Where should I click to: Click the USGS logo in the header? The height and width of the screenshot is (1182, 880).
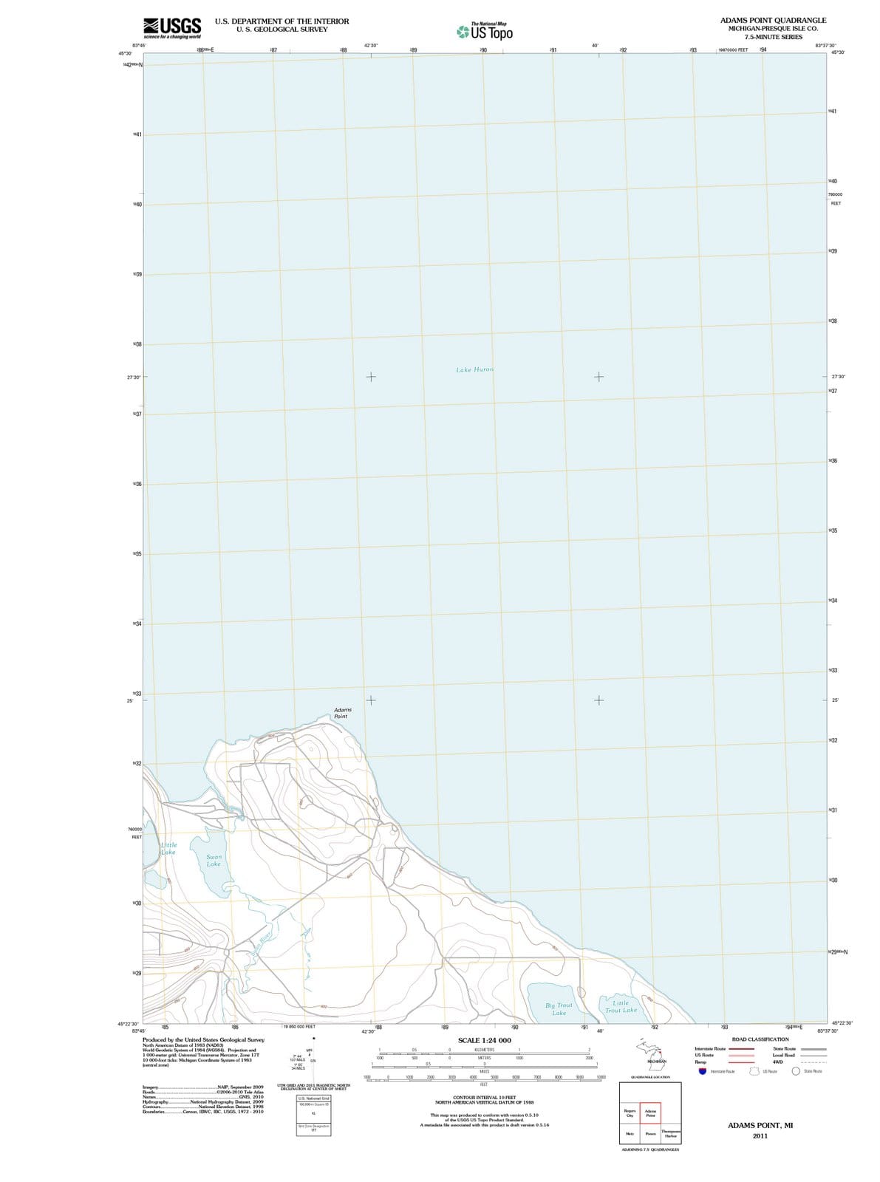click(x=172, y=27)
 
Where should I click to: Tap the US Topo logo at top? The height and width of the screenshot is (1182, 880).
click(x=485, y=32)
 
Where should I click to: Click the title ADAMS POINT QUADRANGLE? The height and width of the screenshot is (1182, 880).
click(x=773, y=20)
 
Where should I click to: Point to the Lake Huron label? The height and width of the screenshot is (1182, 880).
click(x=474, y=369)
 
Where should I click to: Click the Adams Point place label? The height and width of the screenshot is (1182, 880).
click(x=342, y=713)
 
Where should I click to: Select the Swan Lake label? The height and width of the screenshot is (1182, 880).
click(x=214, y=861)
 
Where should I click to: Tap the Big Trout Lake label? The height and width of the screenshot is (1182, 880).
click(x=559, y=1009)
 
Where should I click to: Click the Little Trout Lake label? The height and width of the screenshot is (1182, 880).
click(x=621, y=1007)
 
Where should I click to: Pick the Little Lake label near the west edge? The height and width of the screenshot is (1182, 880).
click(x=168, y=848)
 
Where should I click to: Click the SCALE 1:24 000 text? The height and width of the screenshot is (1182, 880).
click(x=484, y=1040)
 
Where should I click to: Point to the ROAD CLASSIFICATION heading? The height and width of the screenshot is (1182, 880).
click(x=760, y=1039)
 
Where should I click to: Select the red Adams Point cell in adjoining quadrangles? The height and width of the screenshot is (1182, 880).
click(x=650, y=1113)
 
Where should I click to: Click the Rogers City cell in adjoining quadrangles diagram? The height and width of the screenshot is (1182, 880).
click(x=630, y=1113)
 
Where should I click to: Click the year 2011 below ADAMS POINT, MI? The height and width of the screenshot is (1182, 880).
click(x=760, y=1136)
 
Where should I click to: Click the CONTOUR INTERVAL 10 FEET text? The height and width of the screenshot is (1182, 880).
click(x=484, y=1098)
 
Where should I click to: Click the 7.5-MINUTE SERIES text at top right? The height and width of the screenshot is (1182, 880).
click(x=773, y=37)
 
